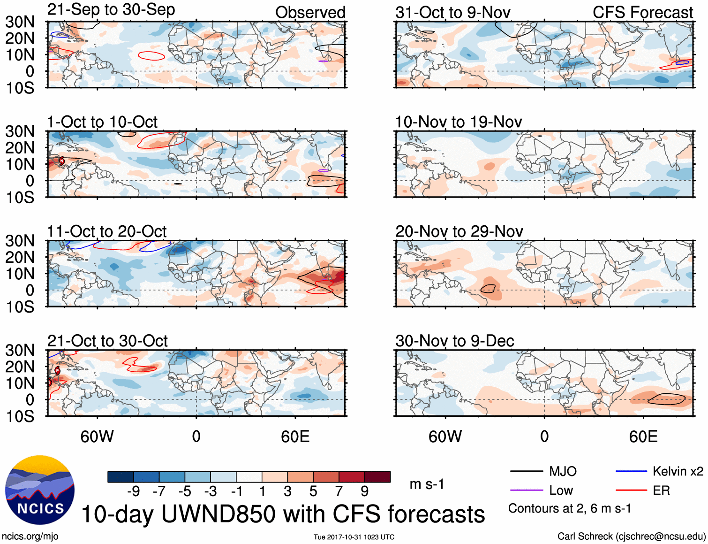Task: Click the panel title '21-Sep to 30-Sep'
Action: tap(111, 10)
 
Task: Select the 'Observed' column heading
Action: tap(310, 13)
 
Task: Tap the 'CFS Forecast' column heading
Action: tap(642, 13)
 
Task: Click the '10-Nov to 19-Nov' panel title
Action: tap(458, 122)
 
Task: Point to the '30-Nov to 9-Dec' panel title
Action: tap(454, 341)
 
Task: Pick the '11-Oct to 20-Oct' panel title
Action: tap(106, 231)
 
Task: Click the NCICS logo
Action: tap(40, 490)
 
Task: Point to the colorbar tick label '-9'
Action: tap(134, 491)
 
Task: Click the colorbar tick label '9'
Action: tap(364, 491)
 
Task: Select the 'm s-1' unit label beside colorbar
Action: tap(427, 484)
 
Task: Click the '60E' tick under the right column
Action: tap(643, 437)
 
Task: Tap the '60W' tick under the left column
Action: tap(97, 437)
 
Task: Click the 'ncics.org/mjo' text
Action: tap(30, 536)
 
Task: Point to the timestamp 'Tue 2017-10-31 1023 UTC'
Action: tap(354, 537)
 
